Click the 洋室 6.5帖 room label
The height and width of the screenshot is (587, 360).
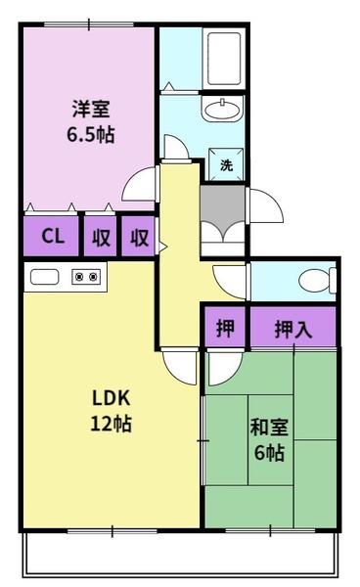(91, 121)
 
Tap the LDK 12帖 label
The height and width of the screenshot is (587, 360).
(111, 411)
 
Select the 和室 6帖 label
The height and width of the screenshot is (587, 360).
(269, 440)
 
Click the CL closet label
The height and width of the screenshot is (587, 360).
(53, 236)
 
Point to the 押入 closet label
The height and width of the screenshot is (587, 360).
(293, 329)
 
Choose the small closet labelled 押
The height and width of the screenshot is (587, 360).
(225, 329)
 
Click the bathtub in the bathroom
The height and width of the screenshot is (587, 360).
(224, 59)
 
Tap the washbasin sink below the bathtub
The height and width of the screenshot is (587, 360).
(223, 109)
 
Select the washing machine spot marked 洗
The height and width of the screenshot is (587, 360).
(226, 164)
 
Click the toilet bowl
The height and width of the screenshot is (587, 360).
(317, 281)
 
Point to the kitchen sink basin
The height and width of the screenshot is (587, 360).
(45, 277)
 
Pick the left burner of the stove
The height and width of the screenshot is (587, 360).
(79, 277)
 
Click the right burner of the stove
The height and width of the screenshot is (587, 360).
(94, 277)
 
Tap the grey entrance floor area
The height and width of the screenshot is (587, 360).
(223, 205)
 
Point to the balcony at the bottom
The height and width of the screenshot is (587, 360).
(180, 555)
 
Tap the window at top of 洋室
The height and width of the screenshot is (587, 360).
(89, 24)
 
